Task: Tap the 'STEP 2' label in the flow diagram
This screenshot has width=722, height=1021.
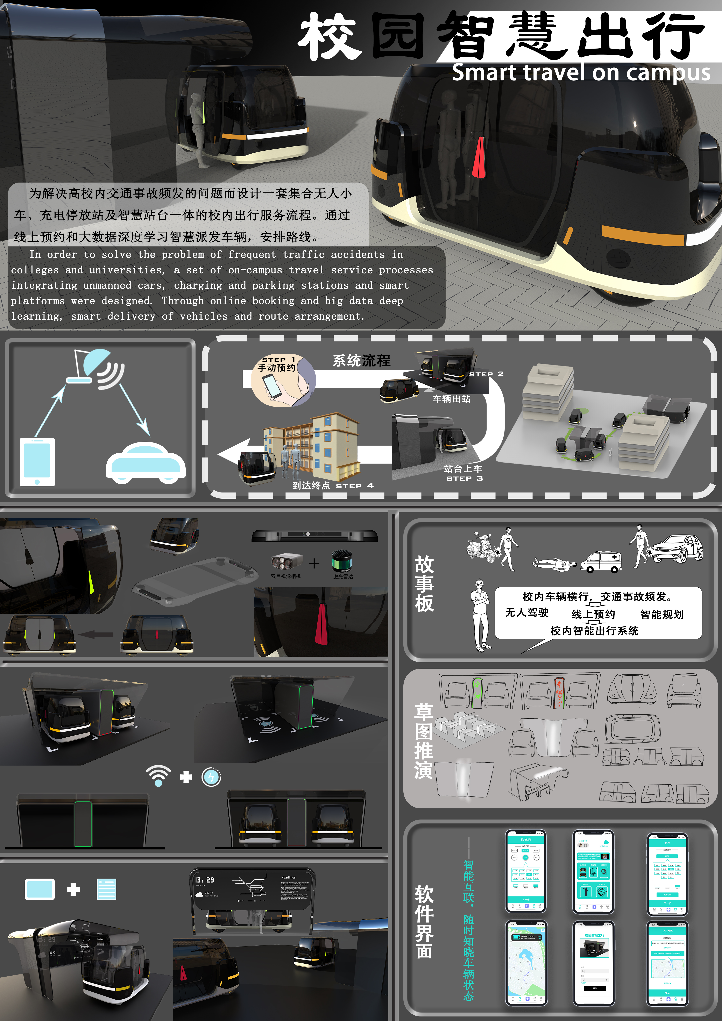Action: click(486, 374)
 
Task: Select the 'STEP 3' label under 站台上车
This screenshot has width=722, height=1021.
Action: click(464, 478)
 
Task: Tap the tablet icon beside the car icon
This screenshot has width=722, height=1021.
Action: click(37, 462)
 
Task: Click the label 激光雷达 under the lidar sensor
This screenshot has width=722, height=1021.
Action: click(343, 576)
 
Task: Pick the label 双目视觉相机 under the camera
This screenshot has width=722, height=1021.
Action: click(286, 576)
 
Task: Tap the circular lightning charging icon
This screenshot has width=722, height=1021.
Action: click(211, 777)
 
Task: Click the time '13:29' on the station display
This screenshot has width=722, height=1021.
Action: click(205, 880)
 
